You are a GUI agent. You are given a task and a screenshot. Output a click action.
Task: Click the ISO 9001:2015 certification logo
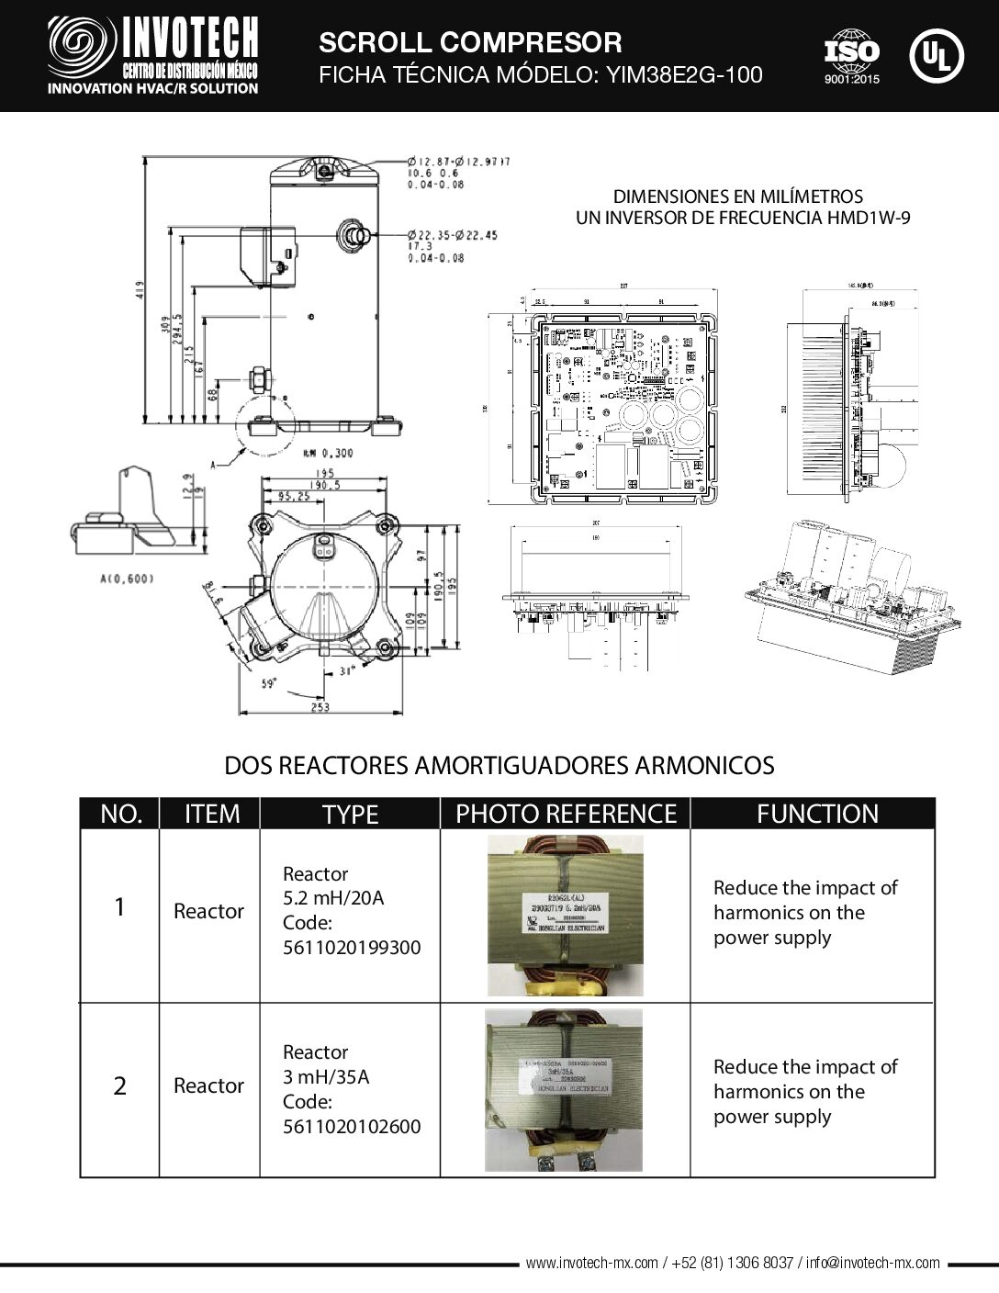point(851,57)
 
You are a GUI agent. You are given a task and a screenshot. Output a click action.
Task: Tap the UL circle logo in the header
point(937,55)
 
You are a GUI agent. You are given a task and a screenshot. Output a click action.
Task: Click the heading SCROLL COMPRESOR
point(469,42)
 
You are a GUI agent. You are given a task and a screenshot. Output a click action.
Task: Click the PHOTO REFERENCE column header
point(566,814)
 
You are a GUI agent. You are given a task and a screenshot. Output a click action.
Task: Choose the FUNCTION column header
point(816,814)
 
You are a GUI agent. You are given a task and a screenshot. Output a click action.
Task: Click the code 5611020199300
point(352,947)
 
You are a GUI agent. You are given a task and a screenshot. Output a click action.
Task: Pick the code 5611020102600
point(352,1125)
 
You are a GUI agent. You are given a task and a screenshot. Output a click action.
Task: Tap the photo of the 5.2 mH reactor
point(565,915)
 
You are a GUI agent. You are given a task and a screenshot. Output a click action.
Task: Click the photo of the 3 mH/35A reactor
point(565,1090)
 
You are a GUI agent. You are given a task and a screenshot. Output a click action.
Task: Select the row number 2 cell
point(119,1086)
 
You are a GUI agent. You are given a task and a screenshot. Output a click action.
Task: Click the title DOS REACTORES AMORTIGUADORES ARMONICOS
point(499,765)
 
